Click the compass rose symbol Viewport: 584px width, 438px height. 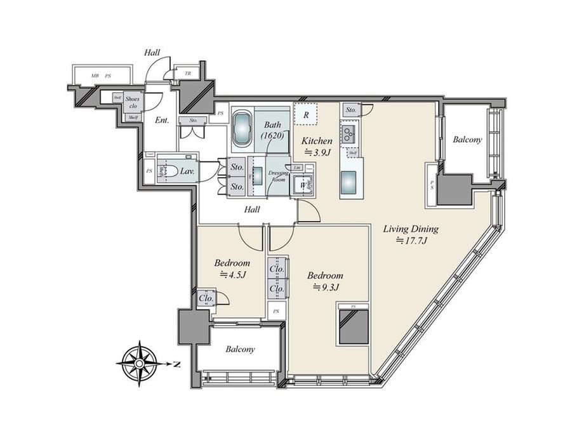click(139, 364)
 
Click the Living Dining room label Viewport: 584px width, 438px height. click(411, 229)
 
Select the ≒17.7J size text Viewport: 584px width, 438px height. click(410, 241)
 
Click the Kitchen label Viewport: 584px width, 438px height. click(317, 140)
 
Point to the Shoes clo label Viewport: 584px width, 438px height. click(133, 103)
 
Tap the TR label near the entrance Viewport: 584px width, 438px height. click(187, 74)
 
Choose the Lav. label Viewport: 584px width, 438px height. click(187, 171)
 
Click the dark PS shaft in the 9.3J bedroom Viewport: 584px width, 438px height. click(354, 326)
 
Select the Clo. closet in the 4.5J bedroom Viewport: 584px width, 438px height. click(206, 298)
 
